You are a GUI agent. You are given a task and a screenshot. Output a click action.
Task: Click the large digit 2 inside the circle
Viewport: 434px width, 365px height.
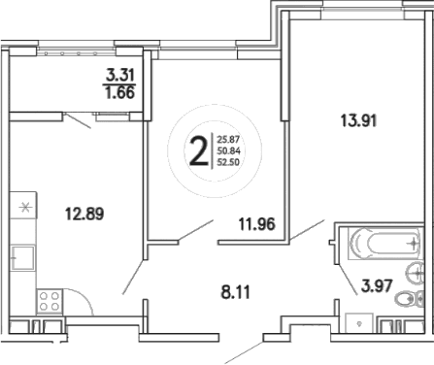coord(198,152)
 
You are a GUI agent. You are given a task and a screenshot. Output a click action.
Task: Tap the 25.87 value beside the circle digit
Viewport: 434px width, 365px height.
coord(230,140)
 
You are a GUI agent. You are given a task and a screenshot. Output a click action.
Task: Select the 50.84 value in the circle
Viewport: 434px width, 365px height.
coord(230,152)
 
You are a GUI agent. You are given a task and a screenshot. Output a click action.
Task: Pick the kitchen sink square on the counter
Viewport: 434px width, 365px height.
coord(21,258)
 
